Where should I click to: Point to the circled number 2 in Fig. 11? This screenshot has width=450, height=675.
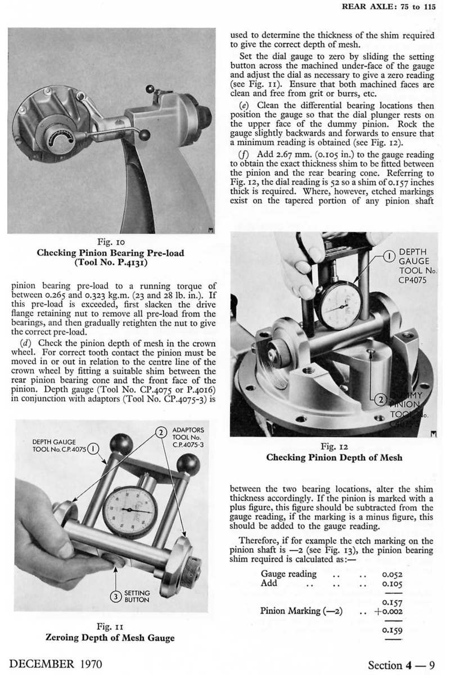click(160, 433)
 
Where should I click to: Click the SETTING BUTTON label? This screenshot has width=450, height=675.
click(137, 596)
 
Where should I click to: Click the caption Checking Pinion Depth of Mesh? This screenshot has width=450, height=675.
click(334, 457)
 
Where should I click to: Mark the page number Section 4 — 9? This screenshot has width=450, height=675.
click(402, 664)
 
